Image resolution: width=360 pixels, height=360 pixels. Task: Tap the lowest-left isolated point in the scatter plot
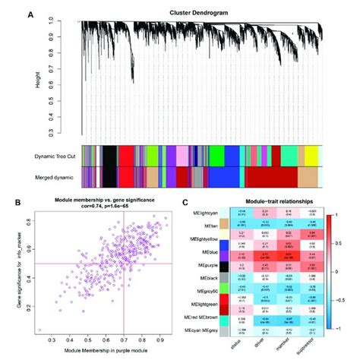39,330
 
